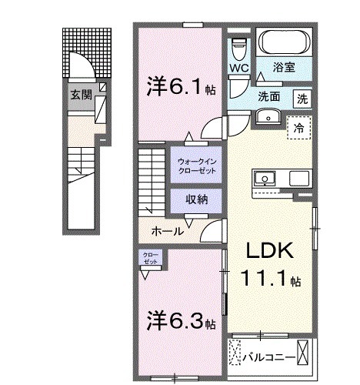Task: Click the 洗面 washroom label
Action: (268, 97)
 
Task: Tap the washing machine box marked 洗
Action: (302, 98)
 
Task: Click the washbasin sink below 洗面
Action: (267, 116)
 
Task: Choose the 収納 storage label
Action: (197, 199)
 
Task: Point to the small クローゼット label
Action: (149, 259)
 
